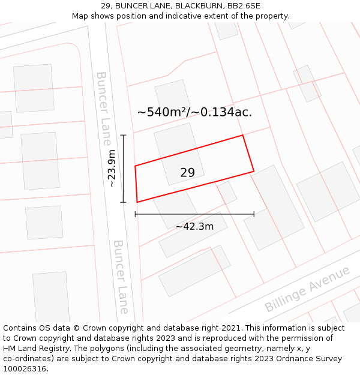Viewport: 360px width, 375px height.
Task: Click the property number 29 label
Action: point(187,173)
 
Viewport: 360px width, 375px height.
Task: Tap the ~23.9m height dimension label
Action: point(112,169)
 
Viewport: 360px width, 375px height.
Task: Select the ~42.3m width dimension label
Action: point(194,227)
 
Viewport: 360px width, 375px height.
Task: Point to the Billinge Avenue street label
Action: point(307,289)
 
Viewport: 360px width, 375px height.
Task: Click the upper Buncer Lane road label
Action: point(103,109)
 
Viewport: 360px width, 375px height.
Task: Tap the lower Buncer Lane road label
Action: point(121,277)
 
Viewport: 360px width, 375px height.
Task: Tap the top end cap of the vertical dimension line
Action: point(124,135)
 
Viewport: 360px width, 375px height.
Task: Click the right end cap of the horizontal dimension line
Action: point(254,214)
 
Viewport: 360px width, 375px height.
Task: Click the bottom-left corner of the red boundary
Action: point(137,202)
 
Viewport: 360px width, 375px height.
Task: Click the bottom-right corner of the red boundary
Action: point(254,172)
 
